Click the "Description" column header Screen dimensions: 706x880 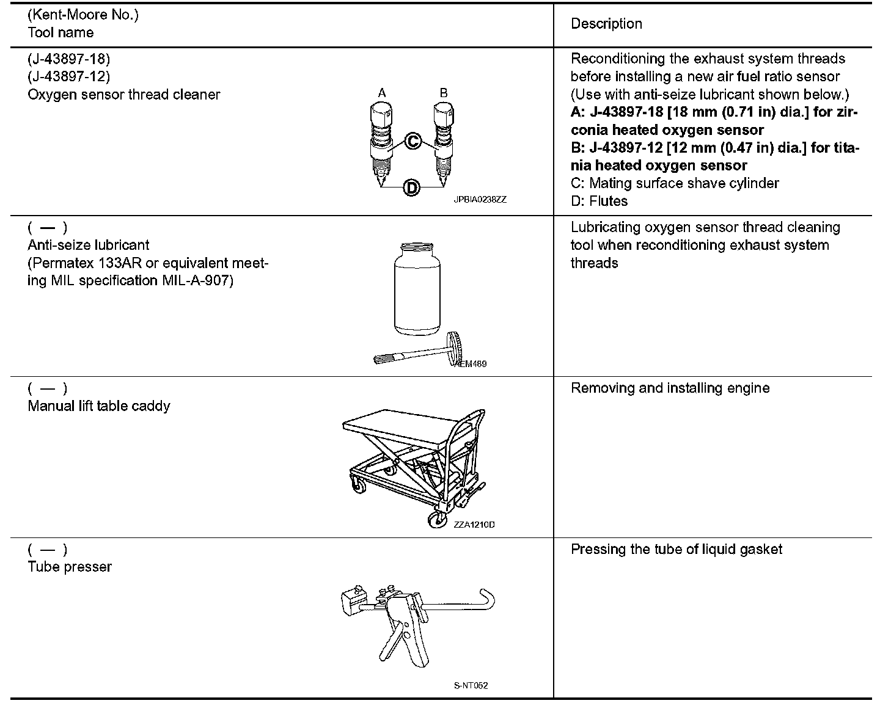606,24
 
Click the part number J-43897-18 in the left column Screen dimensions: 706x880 68,59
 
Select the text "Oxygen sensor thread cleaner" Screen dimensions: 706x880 123,95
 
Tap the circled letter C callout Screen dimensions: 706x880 413,142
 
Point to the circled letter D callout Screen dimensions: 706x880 412,187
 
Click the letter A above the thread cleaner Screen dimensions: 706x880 382,93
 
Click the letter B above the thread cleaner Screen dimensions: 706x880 444,93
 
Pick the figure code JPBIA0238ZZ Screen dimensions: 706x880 480,200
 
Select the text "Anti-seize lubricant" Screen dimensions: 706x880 89,245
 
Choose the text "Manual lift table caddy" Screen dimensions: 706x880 99,406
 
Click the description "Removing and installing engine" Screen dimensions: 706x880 670,388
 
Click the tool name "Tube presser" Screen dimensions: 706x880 70,567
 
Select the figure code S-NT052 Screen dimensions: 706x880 471,685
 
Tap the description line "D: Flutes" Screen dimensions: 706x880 599,201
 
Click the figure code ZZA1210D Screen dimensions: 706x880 474,525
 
